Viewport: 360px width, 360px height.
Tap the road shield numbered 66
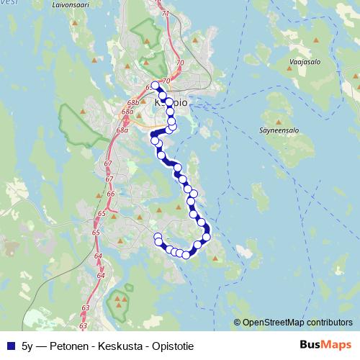[110, 194]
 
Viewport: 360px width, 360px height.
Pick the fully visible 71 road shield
[166, 14]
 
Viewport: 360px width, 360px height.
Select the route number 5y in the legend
[27, 345]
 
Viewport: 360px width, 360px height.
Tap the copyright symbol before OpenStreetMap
[238, 323]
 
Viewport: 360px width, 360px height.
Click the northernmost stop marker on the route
[154, 86]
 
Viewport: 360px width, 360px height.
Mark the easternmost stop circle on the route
[207, 236]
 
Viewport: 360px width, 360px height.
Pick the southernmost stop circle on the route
[186, 254]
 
